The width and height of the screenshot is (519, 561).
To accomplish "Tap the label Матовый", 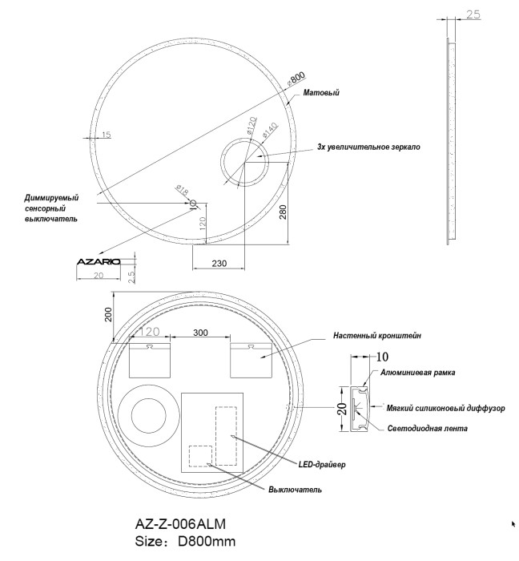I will click(321, 94).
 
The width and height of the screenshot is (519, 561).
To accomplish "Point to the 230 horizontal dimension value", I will click(219, 262).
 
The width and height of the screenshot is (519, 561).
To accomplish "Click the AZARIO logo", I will click(98, 262).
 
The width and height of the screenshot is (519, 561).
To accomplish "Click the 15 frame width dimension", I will click(107, 134).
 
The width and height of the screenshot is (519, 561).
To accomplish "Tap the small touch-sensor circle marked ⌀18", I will click(193, 203).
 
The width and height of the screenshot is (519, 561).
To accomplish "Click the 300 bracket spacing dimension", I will click(201, 332).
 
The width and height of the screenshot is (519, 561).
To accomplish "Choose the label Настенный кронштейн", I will click(377, 337).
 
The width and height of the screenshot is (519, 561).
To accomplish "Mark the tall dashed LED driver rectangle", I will click(227, 435).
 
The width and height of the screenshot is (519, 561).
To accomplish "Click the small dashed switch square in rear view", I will click(199, 456).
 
